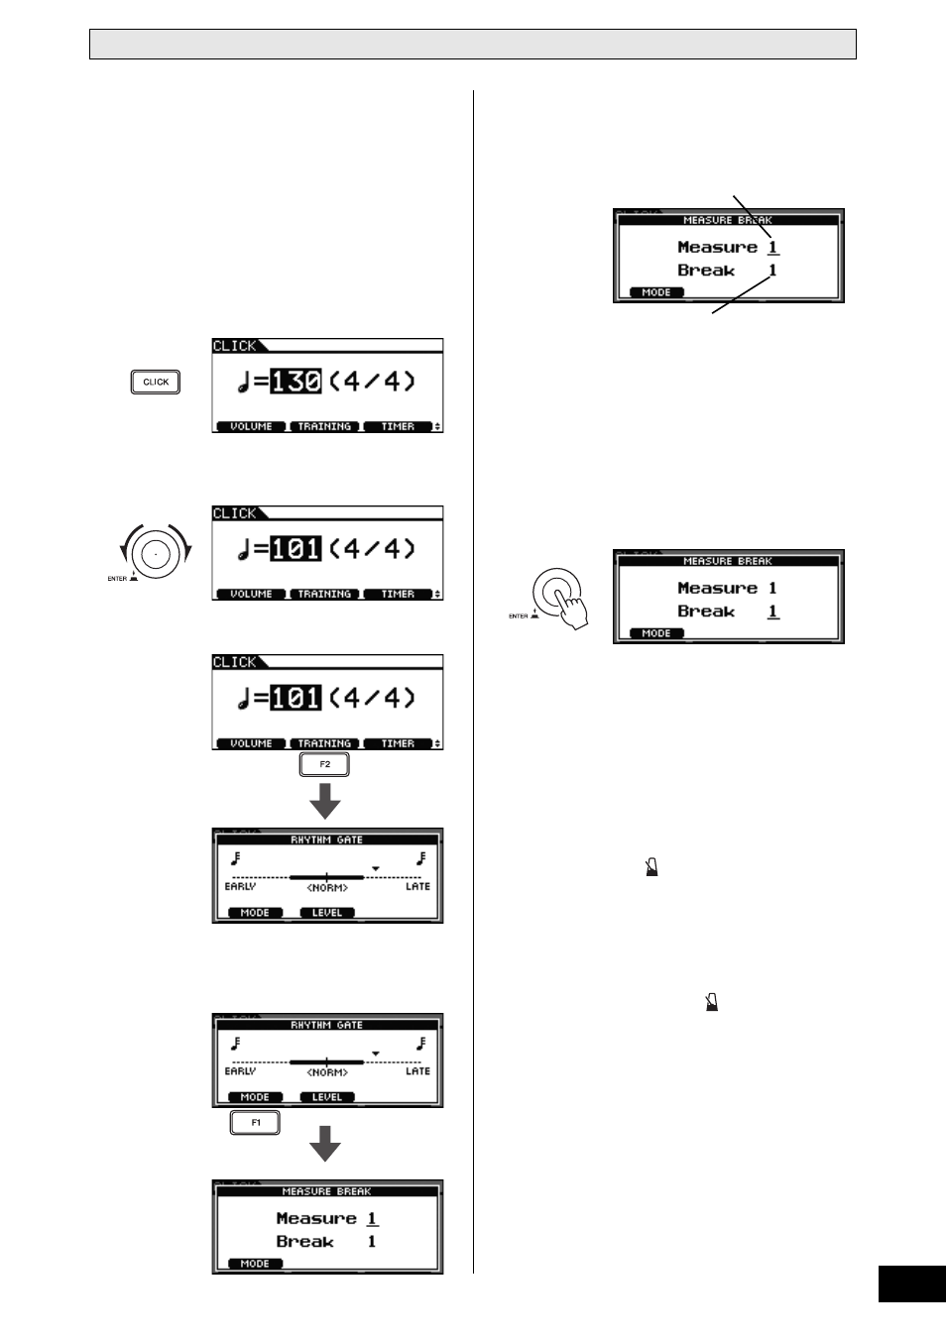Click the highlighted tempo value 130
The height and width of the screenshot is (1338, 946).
[296, 382]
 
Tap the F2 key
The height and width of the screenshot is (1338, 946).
[324, 764]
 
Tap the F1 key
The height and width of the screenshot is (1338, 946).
[255, 1122]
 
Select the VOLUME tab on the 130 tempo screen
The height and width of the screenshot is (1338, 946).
[251, 426]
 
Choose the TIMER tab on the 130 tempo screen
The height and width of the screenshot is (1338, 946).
[398, 426]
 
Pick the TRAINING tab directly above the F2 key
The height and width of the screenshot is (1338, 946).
[324, 743]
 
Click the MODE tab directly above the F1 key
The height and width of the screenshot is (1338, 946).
[255, 1097]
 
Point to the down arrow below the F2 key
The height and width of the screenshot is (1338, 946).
[325, 801]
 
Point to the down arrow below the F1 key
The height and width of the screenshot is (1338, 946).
[325, 1144]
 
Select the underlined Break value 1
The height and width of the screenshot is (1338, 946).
[773, 612]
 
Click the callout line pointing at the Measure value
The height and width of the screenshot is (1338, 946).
[753, 216]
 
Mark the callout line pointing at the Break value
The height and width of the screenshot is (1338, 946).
[741, 295]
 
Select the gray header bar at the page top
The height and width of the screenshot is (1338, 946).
[473, 45]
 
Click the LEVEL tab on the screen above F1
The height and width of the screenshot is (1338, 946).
[327, 1097]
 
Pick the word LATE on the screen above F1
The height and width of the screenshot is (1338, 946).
[417, 1071]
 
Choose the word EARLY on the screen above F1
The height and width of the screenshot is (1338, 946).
[240, 1071]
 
